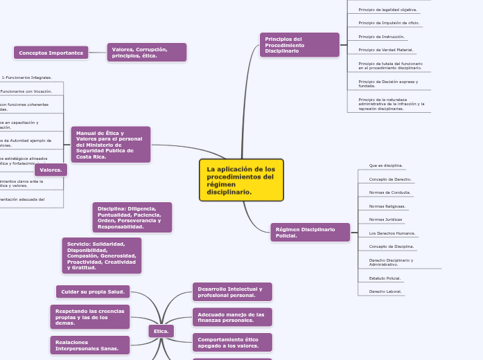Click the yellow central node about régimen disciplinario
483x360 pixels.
click(241, 180)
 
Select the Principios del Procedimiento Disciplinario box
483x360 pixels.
click(299, 45)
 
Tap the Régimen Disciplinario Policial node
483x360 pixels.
click(310, 233)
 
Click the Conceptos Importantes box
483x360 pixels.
click(51, 53)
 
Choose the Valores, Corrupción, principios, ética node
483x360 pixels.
click(146, 53)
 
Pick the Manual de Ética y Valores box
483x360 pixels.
click(111, 145)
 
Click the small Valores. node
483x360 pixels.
click(51, 170)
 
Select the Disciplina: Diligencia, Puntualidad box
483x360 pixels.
click(132, 217)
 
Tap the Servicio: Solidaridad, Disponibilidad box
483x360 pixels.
click(102, 255)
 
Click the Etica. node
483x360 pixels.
click(161, 332)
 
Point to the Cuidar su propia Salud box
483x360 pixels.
click(93, 291)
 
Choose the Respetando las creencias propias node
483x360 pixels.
click(90, 317)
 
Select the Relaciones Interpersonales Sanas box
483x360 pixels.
click(90, 344)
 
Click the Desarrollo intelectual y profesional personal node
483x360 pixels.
click(232, 292)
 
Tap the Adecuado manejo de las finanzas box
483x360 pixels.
click(232, 318)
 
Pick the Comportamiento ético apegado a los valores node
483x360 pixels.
click(232, 343)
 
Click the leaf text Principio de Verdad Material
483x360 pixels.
click(385, 50)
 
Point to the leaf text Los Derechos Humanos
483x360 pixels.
click(392, 233)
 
